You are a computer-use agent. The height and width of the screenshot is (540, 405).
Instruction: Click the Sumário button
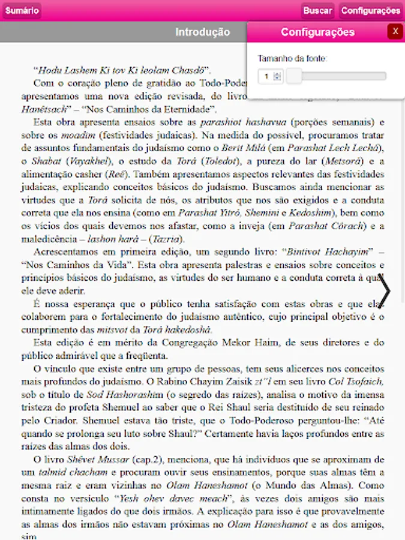pos(22,10)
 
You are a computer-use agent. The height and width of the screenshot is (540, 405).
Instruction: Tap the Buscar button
pos(317,10)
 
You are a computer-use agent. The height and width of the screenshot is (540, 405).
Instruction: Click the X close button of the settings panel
pos(395,32)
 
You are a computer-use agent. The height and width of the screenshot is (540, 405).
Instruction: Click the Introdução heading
pos(202,32)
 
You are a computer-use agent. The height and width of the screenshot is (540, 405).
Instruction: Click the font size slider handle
pos(294,76)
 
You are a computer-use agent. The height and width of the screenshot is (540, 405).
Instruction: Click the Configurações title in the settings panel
pos(317,32)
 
